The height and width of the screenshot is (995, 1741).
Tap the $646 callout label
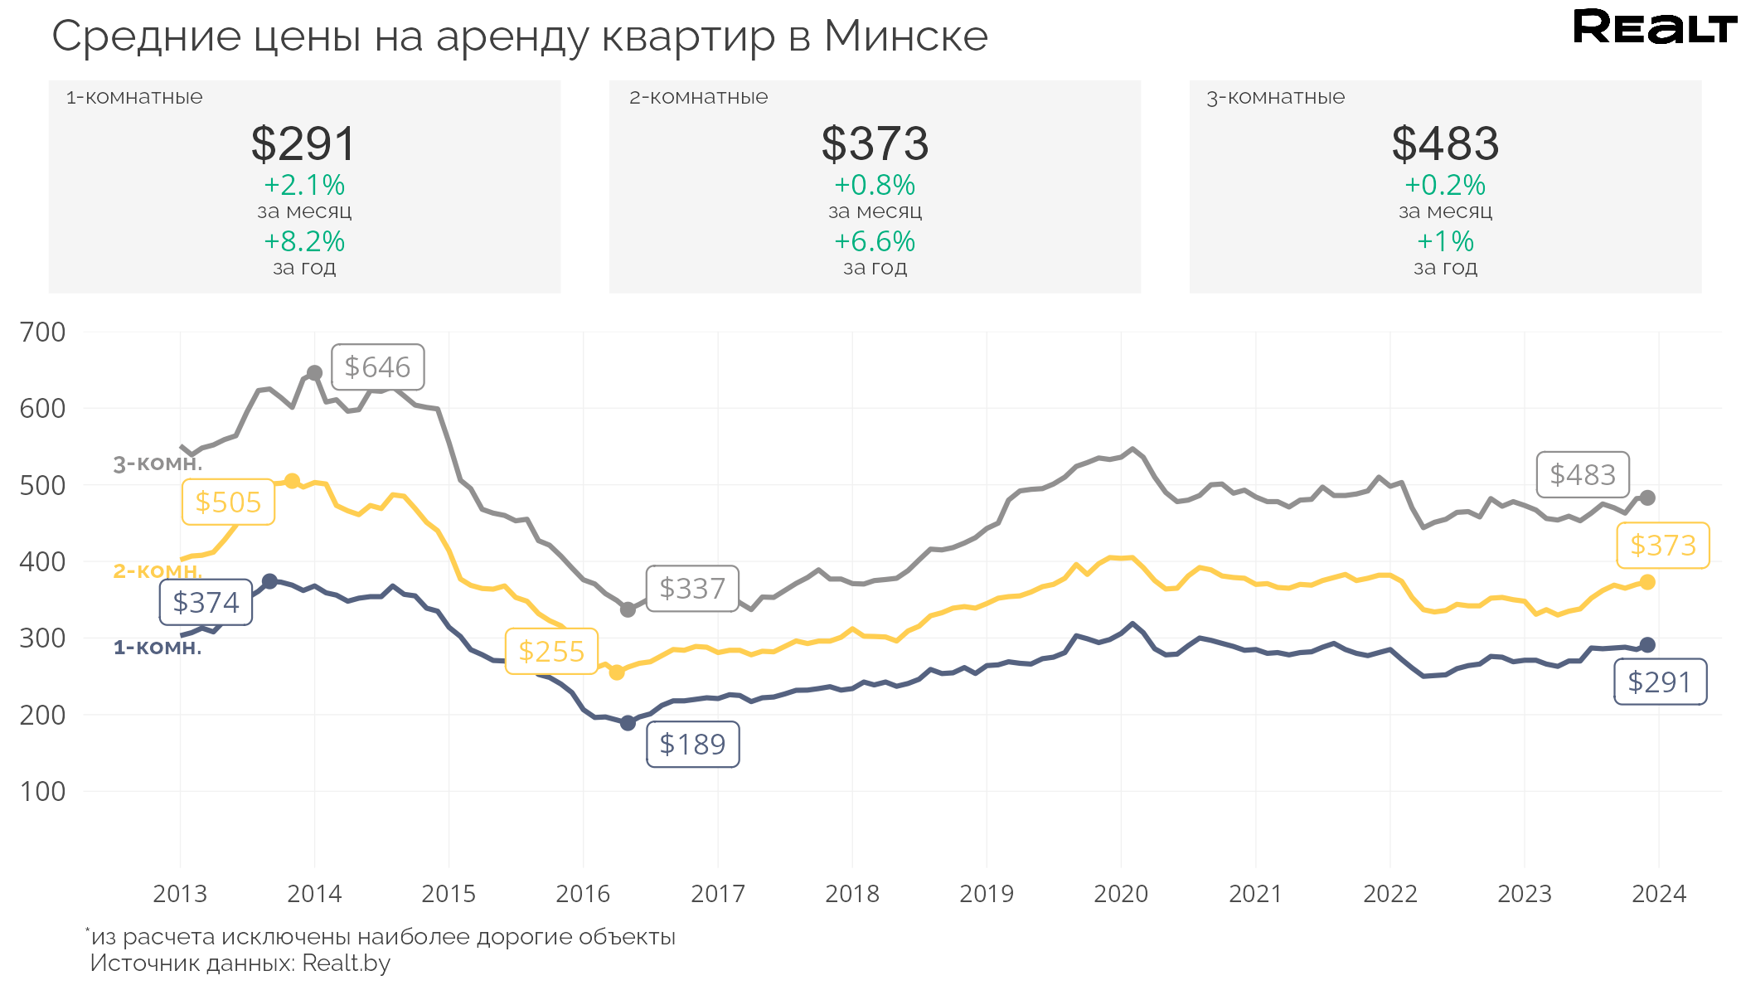pyautogui.click(x=378, y=367)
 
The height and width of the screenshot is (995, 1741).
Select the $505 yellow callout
pyautogui.click(x=228, y=502)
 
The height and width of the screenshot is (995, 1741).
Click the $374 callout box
pyautogui.click(x=206, y=603)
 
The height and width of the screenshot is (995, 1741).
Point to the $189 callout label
pyautogui.click(x=692, y=745)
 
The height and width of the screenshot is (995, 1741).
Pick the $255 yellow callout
pyautogui.click(x=551, y=652)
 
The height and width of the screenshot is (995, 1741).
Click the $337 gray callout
pyautogui.click(x=692, y=589)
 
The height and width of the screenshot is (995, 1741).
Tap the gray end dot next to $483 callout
pyautogui.click(x=1647, y=498)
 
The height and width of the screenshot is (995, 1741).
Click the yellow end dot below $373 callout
pyautogui.click(x=1647, y=583)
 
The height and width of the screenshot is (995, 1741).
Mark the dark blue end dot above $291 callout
pyautogui.click(x=1647, y=645)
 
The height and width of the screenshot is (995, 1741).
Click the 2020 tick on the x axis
pyautogui.click(x=1121, y=894)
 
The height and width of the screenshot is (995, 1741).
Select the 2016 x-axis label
pyautogui.click(x=583, y=894)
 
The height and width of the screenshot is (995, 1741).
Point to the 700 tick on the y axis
pyautogui.click(x=43, y=332)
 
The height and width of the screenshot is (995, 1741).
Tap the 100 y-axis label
pyautogui.click(x=43, y=792)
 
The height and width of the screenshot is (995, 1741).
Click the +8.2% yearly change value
pyautogui.click(x=304, y=241)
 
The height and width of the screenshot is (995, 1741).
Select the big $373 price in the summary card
pyautogui.click(x=875, y=143)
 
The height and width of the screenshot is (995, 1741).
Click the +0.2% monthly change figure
pyautogui.click(x=1445, y=185)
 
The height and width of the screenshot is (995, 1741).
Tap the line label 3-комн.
pyautogui.click(x=158, y=464)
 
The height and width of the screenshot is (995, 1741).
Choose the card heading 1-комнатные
pyautogui.click(x=134, y=97)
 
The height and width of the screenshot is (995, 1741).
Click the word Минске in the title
pyautogui.click(x=906, y=36)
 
